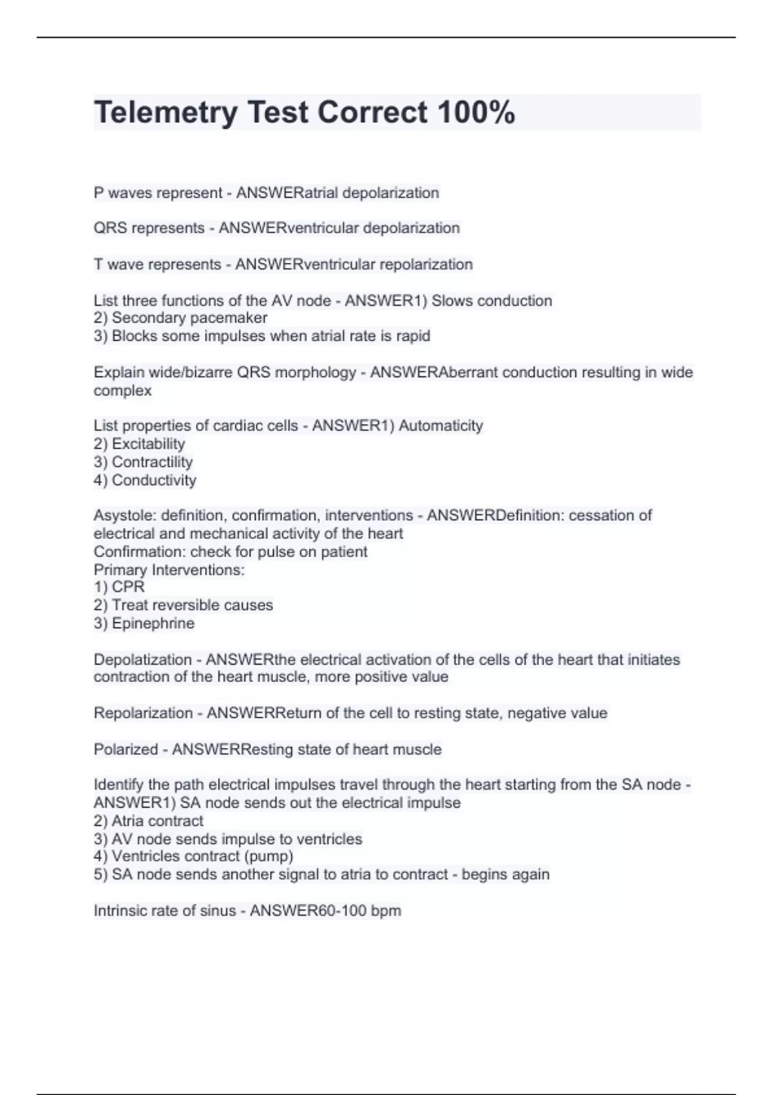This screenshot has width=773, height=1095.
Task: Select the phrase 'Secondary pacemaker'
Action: coord(189,318)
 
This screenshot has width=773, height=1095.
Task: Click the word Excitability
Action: coord(148,444)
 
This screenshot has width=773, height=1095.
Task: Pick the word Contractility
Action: coord(152,462)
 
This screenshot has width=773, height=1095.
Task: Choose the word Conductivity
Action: coord(154,480)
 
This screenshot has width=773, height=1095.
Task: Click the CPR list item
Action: coord(128,587)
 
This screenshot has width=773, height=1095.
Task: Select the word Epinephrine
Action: coord(153,623)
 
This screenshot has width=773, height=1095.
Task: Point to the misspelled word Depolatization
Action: coord(142,660)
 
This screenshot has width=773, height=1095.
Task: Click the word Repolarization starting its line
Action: coord(143,713)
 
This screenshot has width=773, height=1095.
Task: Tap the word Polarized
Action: coord(126,749)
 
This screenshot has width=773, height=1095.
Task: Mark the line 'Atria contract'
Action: coord(157,821)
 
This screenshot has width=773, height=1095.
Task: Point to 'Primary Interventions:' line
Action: coord(169,569)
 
